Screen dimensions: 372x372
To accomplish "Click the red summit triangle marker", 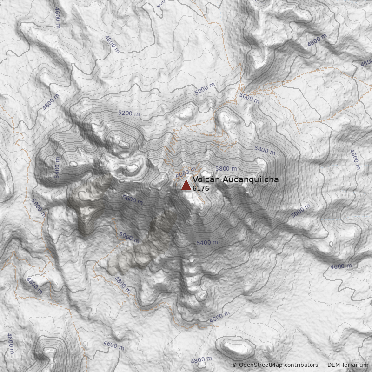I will (186, 185).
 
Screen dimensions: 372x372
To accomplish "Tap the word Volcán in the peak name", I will (206, 179).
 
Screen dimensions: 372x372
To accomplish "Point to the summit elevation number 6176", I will (201, 188).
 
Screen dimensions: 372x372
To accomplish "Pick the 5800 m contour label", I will (226, 169).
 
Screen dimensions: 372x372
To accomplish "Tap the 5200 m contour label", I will (129, 113).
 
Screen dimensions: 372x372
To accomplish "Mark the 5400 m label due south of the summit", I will (207, 243).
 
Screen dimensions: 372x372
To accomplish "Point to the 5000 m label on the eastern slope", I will (300, 211).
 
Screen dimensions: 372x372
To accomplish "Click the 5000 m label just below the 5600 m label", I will (129, 237).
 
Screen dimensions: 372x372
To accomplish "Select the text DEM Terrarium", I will (347, 365).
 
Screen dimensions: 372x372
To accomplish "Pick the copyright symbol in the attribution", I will (234, 365).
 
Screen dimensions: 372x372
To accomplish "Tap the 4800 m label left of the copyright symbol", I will (201, 360).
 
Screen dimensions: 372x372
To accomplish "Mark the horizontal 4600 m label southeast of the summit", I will (341, 266).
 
